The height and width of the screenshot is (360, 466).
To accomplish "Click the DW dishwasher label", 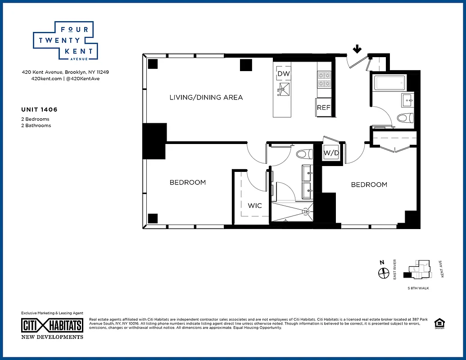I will pos(283,74).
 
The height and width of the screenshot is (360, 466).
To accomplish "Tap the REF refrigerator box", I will pos(324,108).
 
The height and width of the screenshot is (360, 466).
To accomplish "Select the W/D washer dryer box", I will pos(331,153).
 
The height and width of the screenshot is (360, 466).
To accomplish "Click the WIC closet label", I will pos(254,206).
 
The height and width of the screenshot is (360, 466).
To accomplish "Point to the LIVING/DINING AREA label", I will pos(206,97).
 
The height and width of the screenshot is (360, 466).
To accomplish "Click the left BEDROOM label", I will pos(187,182).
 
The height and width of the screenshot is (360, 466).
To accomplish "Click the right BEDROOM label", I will pos(369,184).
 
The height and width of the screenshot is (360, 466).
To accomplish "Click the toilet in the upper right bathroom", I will pos(405,118).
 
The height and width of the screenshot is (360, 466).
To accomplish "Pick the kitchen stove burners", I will pos(324,80).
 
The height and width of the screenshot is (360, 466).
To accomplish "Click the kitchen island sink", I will pos(284,89).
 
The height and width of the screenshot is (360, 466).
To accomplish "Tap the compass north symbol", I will pos(383,272).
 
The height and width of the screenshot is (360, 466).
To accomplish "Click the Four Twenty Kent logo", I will pos(63,40).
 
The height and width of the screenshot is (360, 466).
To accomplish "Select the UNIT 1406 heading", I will pos(39,109).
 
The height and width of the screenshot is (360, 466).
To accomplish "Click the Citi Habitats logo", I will pos(52,325).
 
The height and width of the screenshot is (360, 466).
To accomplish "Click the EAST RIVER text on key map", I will pos(394,270).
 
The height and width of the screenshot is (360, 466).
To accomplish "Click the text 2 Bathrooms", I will pos(36,126).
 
